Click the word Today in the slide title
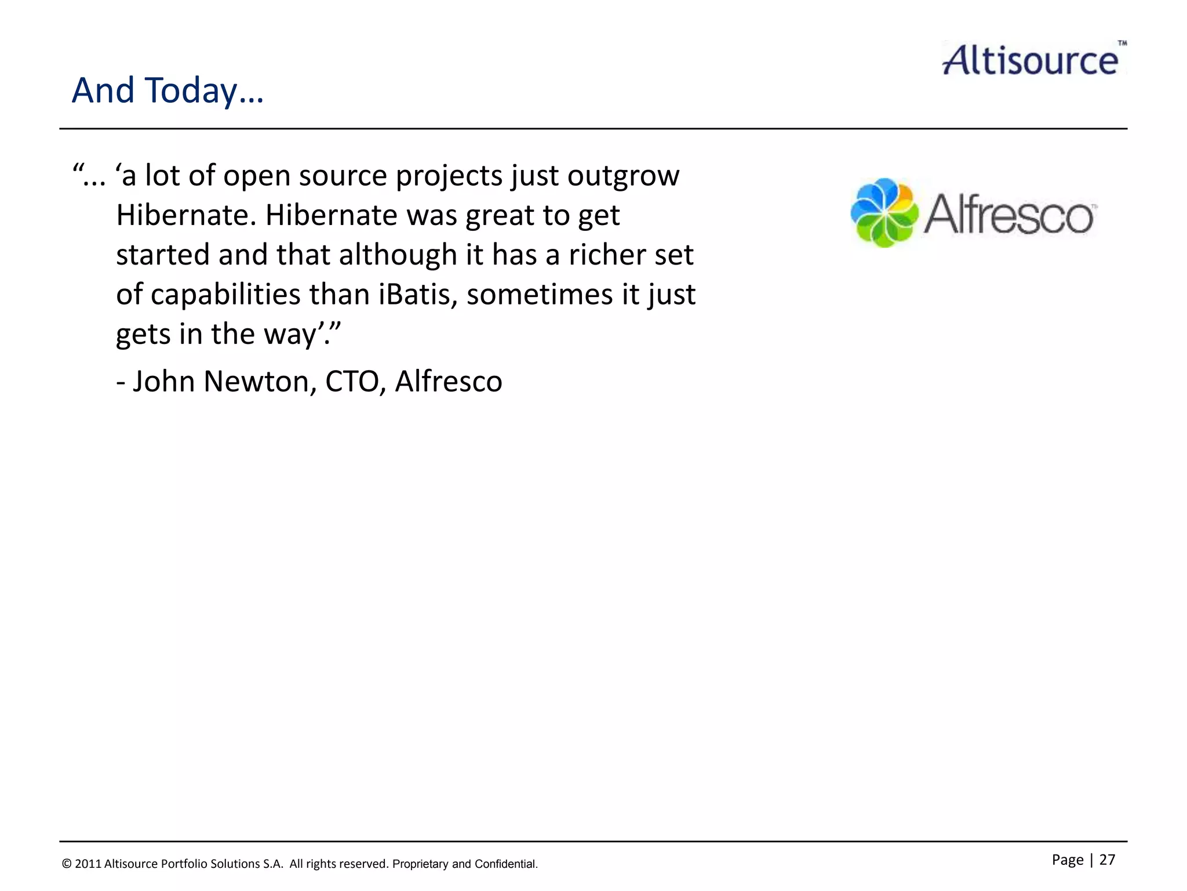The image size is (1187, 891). (191, 91)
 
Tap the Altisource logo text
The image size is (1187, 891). (1030, 60)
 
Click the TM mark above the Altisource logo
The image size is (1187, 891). (1122, 44)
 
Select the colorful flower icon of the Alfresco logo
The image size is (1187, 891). (884, 213)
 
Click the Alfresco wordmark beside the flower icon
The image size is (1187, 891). (1008, 215)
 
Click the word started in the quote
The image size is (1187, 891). (163, 255)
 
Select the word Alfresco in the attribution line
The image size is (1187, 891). (449, 382)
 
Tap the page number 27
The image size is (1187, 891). (1107, 860)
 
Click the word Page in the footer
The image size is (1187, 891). (1068, 860)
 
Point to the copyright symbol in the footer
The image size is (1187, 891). (67, 864)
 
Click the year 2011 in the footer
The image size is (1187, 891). (88, 864)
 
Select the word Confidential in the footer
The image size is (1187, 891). (505, 864)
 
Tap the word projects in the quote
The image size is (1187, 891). (449, 176)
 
